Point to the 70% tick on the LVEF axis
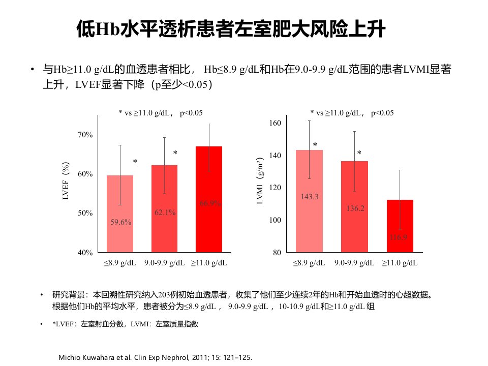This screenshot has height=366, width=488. pos(85,135)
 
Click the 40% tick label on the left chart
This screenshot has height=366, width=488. pos(85,253)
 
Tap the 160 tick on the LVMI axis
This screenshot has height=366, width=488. pos(275,123)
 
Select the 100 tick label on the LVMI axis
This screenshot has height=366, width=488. pos(275,220)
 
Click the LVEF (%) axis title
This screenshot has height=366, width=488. pos(66,181)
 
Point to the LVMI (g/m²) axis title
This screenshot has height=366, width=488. pos(260,181)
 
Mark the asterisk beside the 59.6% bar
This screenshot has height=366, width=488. pos(135,162)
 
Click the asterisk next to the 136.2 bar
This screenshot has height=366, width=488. pos(359,153)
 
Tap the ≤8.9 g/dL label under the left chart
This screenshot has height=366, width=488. pos(120,263)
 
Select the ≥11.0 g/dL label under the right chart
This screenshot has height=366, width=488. pos(400,263)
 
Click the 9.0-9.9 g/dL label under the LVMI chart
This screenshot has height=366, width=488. pos(354,263)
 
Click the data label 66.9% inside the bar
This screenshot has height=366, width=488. pos(210,203)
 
